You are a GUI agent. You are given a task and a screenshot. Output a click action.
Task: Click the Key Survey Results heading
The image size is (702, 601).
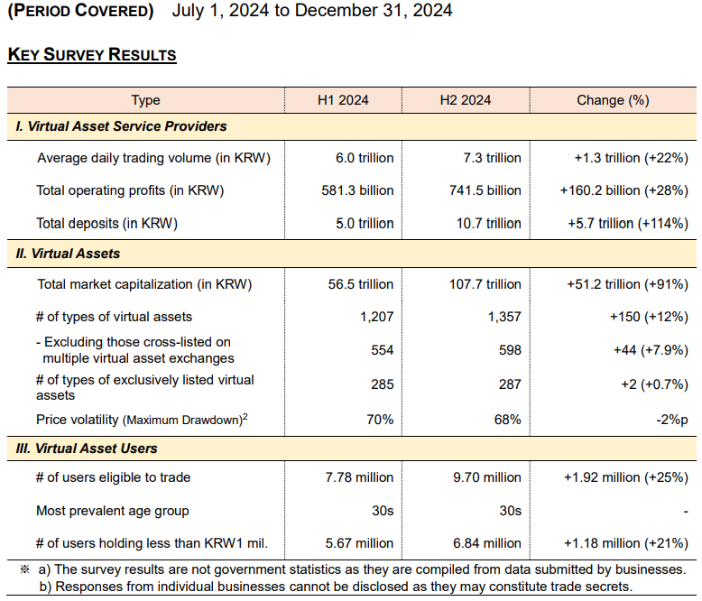91,55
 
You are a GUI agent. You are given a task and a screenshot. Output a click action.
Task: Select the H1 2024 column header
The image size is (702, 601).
343,100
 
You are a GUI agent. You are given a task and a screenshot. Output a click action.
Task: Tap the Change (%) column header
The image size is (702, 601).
613,100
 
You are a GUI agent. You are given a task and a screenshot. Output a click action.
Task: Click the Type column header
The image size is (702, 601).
145,100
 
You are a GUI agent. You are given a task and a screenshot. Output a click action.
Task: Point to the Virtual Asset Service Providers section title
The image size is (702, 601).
122,126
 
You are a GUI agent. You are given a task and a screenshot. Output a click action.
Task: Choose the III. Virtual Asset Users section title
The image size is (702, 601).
87,448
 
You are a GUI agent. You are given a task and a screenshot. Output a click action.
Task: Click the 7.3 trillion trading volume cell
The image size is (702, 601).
492,158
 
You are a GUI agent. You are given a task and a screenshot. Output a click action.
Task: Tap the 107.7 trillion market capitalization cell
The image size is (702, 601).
485,284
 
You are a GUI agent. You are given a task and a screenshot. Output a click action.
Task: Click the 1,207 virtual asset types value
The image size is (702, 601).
376,317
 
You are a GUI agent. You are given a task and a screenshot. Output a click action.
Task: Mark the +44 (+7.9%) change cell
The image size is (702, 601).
651,350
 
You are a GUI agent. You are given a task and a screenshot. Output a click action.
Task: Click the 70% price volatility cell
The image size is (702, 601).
380,420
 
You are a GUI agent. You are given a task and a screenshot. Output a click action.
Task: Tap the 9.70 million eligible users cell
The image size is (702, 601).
487,477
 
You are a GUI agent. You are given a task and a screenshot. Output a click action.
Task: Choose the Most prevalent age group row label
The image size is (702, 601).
113,511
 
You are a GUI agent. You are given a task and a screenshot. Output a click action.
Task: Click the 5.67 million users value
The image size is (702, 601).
360,543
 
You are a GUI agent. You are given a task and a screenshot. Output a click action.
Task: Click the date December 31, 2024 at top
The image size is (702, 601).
373,12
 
